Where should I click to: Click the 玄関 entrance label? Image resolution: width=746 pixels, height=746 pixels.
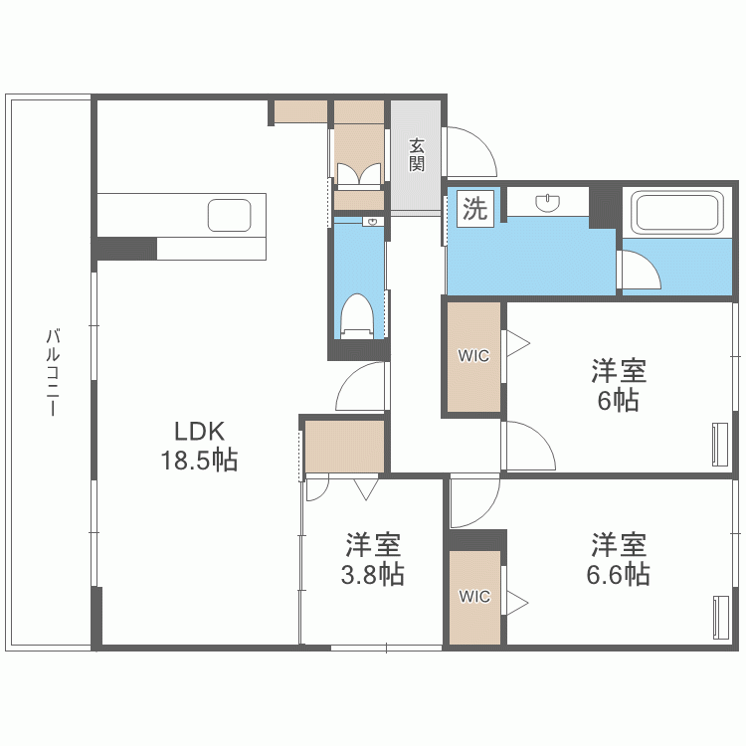coord(416,154)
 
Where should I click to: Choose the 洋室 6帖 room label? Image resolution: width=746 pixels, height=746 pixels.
coord(619,386)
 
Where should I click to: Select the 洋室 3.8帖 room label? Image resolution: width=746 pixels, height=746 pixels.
coord(374,559)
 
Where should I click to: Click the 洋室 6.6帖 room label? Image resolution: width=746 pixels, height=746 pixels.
coord(621,559)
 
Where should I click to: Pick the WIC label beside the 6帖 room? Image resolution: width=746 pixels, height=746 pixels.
coord(473,356)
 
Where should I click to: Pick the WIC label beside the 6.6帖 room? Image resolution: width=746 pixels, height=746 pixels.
coord(474,597)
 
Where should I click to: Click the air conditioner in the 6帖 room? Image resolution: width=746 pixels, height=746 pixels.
coord(720,445)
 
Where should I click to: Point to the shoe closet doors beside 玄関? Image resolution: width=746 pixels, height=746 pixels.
coord(358,175)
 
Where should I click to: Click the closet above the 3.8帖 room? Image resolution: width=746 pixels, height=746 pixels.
coord(344,447)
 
